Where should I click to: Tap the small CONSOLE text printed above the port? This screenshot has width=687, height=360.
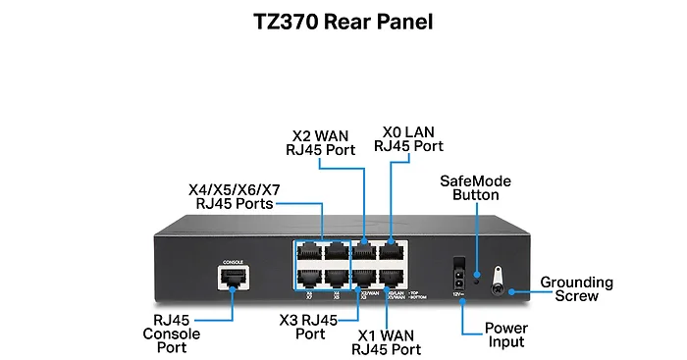[x=233, y=263]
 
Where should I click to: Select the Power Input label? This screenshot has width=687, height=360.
[x=506, y=334]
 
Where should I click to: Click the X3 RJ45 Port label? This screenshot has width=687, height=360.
[x=309, y=327]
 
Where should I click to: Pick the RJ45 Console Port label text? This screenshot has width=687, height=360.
[x=177, y=334]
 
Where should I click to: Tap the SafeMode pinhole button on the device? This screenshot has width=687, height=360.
[x=476, y=276]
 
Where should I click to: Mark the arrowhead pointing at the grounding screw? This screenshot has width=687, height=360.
[x=514, y=289]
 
